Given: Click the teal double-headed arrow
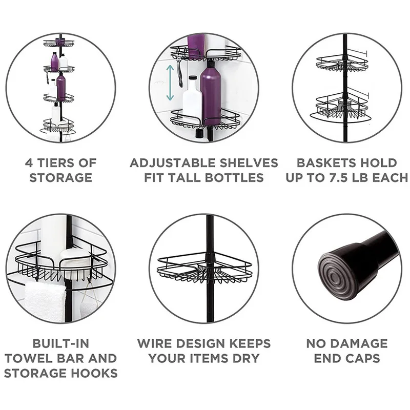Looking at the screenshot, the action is pyautogui.click(x=170, y=83).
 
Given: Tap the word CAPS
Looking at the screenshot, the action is pyautogui.click(x=362, y=358).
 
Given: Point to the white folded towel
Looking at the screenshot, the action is pyautogui.click(x=45, y=301).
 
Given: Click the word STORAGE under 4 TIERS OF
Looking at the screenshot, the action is pyautogui.click(x=60, y=177).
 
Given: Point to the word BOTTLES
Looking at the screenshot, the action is pyautogui.click(x=234, y=177).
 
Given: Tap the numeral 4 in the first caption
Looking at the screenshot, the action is pyautogui.click(x=29, y=163).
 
